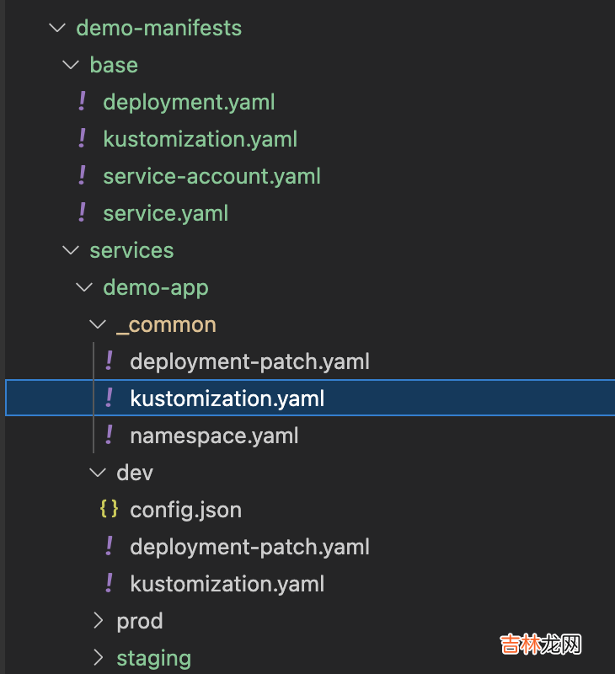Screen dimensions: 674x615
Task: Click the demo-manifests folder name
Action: [x=158, y=28]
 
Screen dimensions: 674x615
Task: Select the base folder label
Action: [x=114, y=65]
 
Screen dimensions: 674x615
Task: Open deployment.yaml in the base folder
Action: [x=189, y=102]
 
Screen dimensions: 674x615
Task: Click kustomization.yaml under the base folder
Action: [x=200, y=139]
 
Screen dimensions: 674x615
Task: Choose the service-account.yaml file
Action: [x=211, y=176]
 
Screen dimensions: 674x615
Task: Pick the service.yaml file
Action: [x=165, y=213]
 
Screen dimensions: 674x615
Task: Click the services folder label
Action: [x=131, y=250]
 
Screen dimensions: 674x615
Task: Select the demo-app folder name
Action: [x=156, y=287]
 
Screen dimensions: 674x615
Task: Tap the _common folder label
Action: [x=166, y=324]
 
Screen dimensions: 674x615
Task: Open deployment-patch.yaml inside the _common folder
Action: [x=249, y=361]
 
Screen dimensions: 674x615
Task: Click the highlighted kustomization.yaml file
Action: [x=227, y=399]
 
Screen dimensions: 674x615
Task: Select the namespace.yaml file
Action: [x=214, y=436]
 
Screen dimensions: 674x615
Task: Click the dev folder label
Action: [x=135, y=473]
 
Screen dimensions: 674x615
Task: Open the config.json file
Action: [x=185, y=510]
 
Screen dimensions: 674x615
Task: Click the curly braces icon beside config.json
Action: [x=109, y=509]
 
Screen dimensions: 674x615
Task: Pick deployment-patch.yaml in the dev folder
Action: [x=249, y=547]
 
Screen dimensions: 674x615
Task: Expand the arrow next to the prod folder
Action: [x=99, y=621]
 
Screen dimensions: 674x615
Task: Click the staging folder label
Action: [x=153, y=658]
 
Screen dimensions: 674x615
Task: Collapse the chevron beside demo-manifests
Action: [x=57, y=28]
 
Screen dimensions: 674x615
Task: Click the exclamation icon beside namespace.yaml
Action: [x=109, y=435]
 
